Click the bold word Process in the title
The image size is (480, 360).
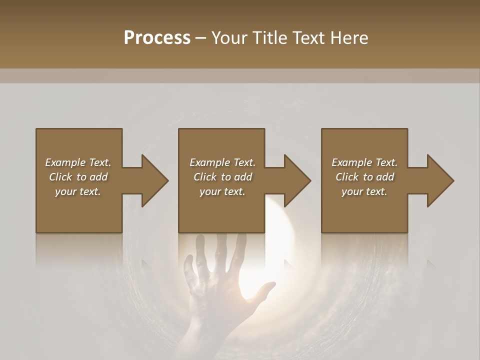[157, 38]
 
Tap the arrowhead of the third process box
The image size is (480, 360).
[438, 180]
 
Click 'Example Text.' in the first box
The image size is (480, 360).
[78, 162]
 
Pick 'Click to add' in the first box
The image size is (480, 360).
[78, 177]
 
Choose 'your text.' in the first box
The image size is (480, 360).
[78, 191]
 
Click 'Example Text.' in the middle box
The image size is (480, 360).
[222, 162]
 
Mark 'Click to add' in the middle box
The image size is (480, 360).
[222, 177]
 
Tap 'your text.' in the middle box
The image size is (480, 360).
[222, 191]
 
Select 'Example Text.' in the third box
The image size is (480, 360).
[364, 162]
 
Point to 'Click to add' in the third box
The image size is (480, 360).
[364, 177]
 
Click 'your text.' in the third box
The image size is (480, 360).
[364, 191]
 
